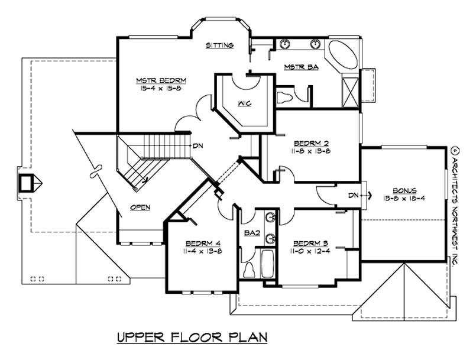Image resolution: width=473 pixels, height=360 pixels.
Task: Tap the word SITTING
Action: (x=220, y=46)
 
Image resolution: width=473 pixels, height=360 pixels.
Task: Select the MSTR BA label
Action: (x=302, y=67)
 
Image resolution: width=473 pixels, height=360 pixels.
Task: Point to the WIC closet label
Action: (x=245, y=104)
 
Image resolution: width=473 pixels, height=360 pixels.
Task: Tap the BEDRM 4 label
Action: (x=203, y=243)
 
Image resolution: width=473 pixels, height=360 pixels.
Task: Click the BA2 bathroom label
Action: (x=252, y=233)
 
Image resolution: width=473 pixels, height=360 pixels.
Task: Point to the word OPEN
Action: (x=141, y=207)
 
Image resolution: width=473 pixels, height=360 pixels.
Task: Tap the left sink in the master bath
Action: (x=286, y=44)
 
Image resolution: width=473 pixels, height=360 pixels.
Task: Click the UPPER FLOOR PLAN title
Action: (x=193, y=338)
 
